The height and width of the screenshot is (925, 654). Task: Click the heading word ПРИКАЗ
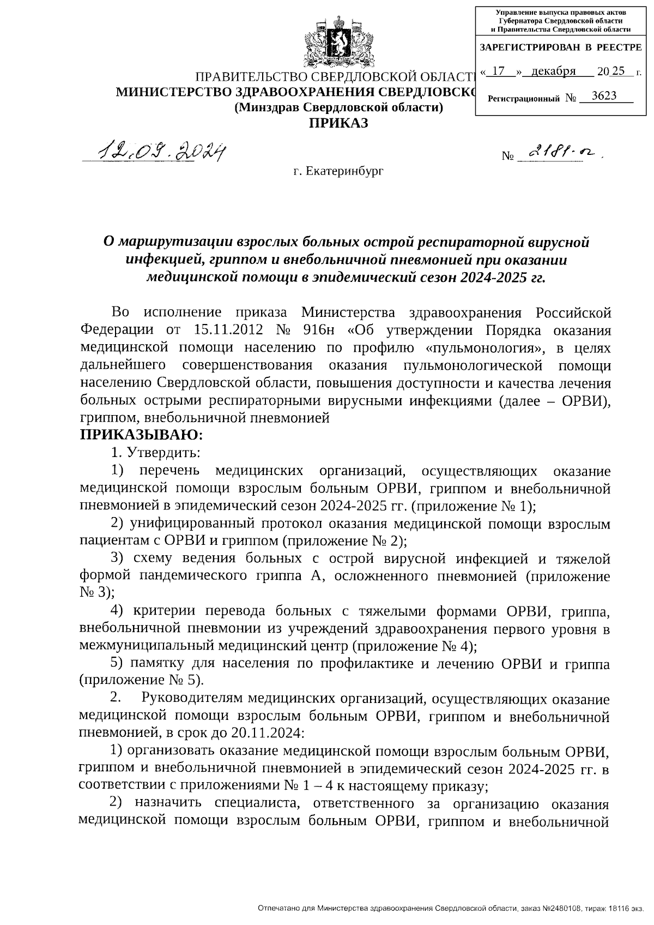(338, 123)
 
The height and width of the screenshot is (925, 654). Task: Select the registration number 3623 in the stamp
(604, 96)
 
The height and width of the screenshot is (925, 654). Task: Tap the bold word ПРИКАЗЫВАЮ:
(141, 435)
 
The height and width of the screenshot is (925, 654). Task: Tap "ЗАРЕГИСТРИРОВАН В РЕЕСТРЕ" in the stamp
(560, 47)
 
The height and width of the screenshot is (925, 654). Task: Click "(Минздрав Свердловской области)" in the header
(338, 107)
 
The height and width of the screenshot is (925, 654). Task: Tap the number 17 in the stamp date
(498, 71)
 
